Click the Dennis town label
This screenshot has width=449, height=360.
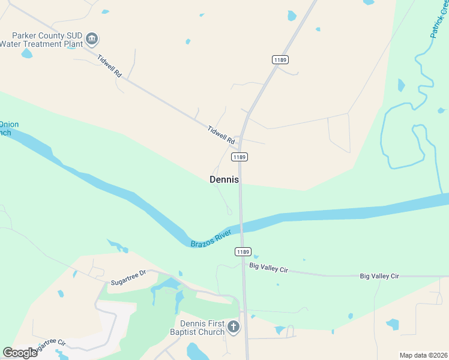pos(224,179)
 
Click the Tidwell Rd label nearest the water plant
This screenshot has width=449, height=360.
pos(110,67)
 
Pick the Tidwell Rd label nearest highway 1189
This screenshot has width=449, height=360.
pos(221,134)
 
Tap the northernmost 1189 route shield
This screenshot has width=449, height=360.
pos(280,59)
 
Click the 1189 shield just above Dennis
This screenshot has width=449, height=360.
pos(240,157)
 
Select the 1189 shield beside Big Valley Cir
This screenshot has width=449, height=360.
pos(243,252)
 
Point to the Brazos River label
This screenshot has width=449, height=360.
pos(211,238)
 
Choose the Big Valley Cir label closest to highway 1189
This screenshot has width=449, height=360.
pos(269,268)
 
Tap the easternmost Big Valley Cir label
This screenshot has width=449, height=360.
pos(379,275)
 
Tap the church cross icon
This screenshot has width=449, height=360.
pos(234,327)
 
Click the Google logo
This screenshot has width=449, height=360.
pos(20,352)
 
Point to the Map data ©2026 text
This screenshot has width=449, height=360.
pos(423,355)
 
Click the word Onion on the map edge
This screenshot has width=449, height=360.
pos(9,125)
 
